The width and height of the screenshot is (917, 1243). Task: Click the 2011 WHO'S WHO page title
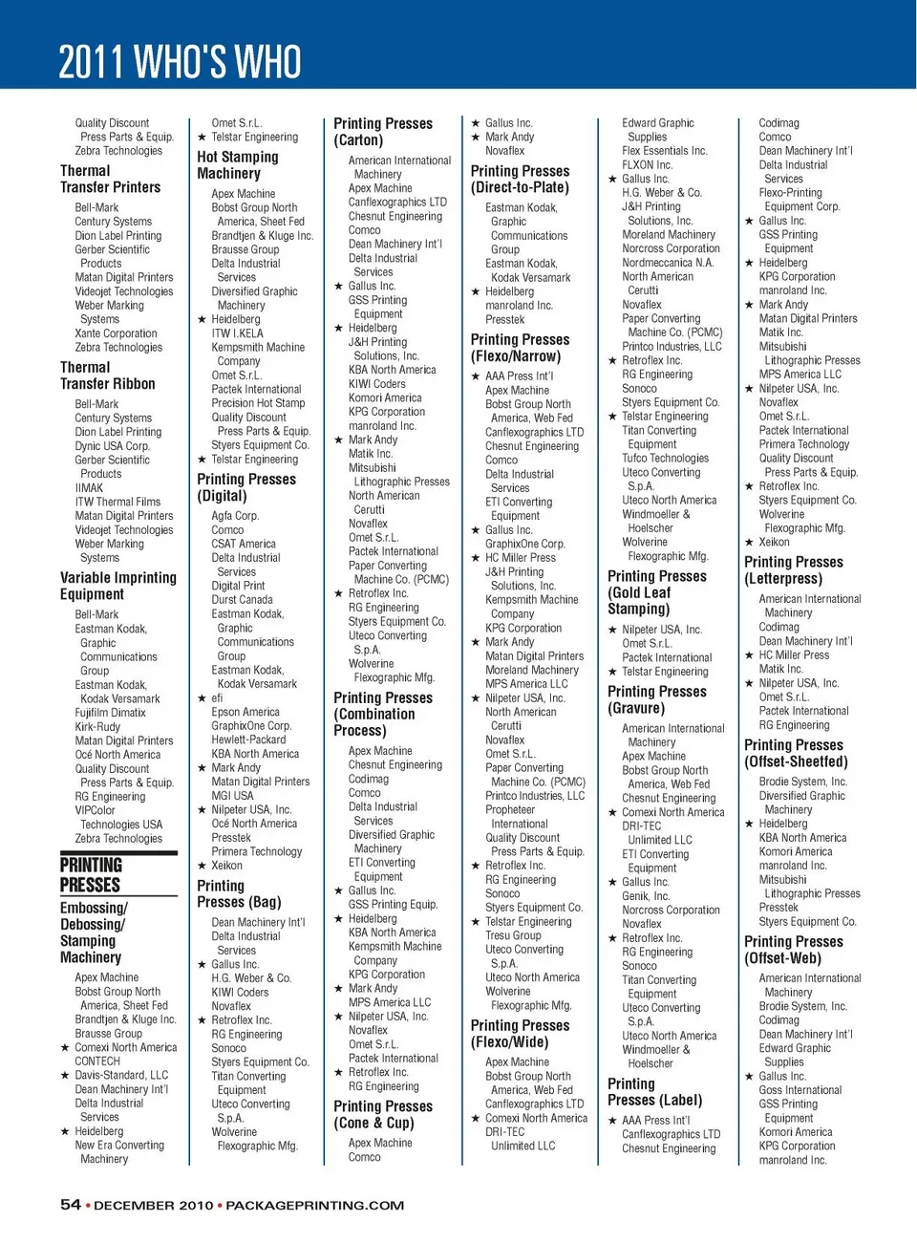click(180, 62)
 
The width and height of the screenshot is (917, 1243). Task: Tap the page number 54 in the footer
click(71, 1205)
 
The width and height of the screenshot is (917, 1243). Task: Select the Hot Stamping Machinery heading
click(238, 165)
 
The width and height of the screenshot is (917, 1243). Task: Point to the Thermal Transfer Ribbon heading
click(107, 375)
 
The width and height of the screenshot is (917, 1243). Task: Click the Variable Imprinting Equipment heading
click(117, 586)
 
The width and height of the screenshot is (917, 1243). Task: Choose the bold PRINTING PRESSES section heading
click(91, 875)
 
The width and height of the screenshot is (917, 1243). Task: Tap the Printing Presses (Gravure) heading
click(657, 699)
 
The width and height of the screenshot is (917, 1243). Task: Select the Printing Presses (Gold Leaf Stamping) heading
click(657, 592)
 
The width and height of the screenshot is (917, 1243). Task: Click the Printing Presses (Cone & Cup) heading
click(383, 1114)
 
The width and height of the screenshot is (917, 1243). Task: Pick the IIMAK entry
click(89, 487)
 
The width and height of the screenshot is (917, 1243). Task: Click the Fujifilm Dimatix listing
click(110, 713)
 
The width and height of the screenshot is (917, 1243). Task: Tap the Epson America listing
click(245, 712)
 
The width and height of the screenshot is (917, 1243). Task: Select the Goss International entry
click(800, 1090)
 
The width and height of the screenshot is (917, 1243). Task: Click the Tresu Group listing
click(513, 935)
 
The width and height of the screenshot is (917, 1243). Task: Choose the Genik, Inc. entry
click(646, 896)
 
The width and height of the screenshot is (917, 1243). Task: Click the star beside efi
click(202, 698)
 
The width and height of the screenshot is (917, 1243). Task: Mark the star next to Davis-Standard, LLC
click(65, 1076)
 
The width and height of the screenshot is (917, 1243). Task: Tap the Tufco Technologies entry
click(666, 459)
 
